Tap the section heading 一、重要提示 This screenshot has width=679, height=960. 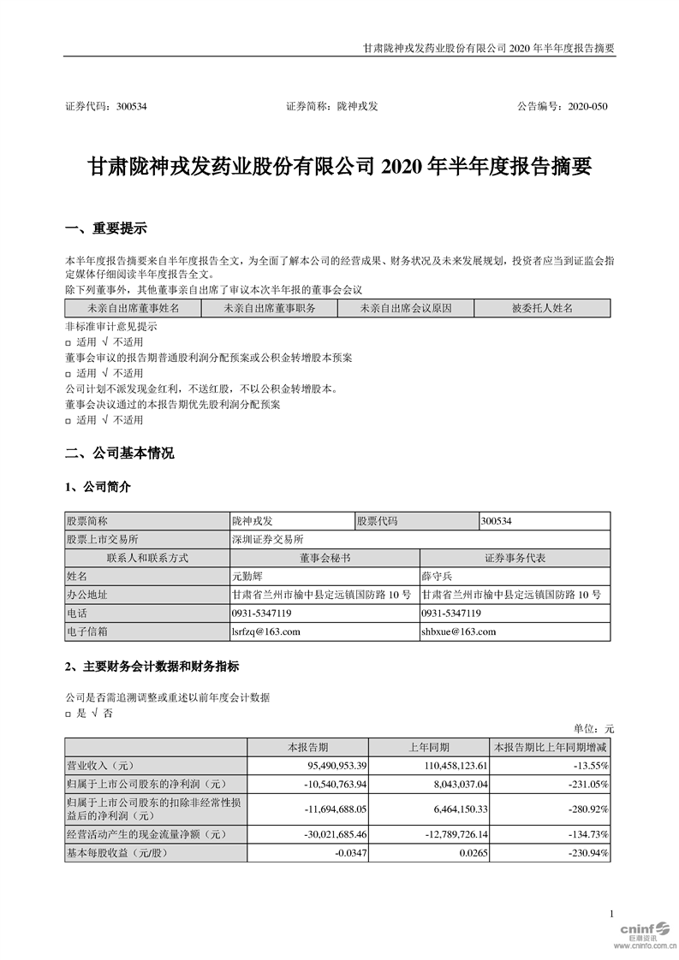click(x=105, y=228)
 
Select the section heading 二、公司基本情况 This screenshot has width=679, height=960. click(x=119, y=453)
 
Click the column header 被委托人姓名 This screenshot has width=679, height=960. click(x=542, y=308)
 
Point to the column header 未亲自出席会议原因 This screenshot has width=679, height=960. click(x=405, y=308)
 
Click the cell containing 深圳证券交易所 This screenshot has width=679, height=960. click(x=267, y=539)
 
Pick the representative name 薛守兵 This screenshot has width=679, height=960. click(x=438, y=577)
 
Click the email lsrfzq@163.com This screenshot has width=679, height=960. click(x=265, y=631)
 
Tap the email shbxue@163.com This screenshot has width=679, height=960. click(x=459, y=631)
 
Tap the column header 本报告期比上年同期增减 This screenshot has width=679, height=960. click(x=548, y=746)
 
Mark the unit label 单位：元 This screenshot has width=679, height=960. click(x=593, y=729)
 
